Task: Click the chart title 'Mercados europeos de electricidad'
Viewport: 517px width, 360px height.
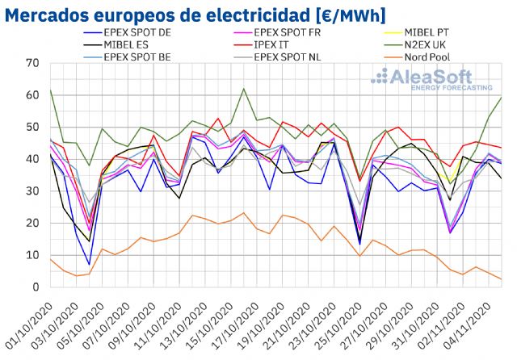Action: click(195, 15)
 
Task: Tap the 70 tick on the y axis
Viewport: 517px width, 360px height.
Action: click(32, 63)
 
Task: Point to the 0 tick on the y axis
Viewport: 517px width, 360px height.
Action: click(36, 287)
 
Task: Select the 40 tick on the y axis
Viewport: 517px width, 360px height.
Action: click(32, 159)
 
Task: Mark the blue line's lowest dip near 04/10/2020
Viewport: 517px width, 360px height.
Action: click(89, 264)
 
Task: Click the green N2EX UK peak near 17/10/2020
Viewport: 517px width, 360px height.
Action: click(244, 89)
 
